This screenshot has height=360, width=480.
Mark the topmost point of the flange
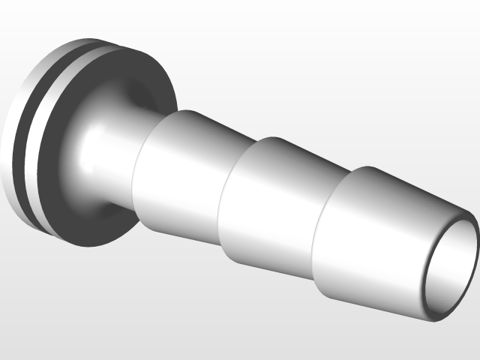105,40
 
